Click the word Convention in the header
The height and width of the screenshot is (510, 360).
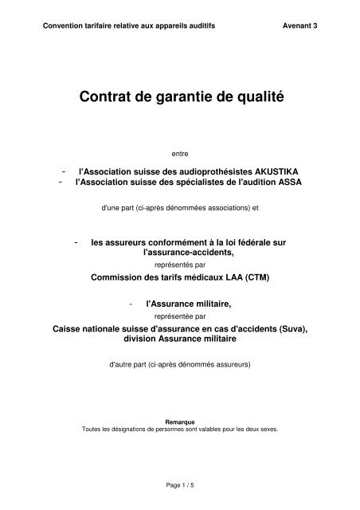click(x=67, y=25)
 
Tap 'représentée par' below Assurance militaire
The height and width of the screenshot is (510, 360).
click(x=179, y=315)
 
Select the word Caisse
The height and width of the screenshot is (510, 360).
click(x=68, y=328)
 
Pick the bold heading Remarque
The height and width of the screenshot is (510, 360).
click(x=179, y=422)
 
